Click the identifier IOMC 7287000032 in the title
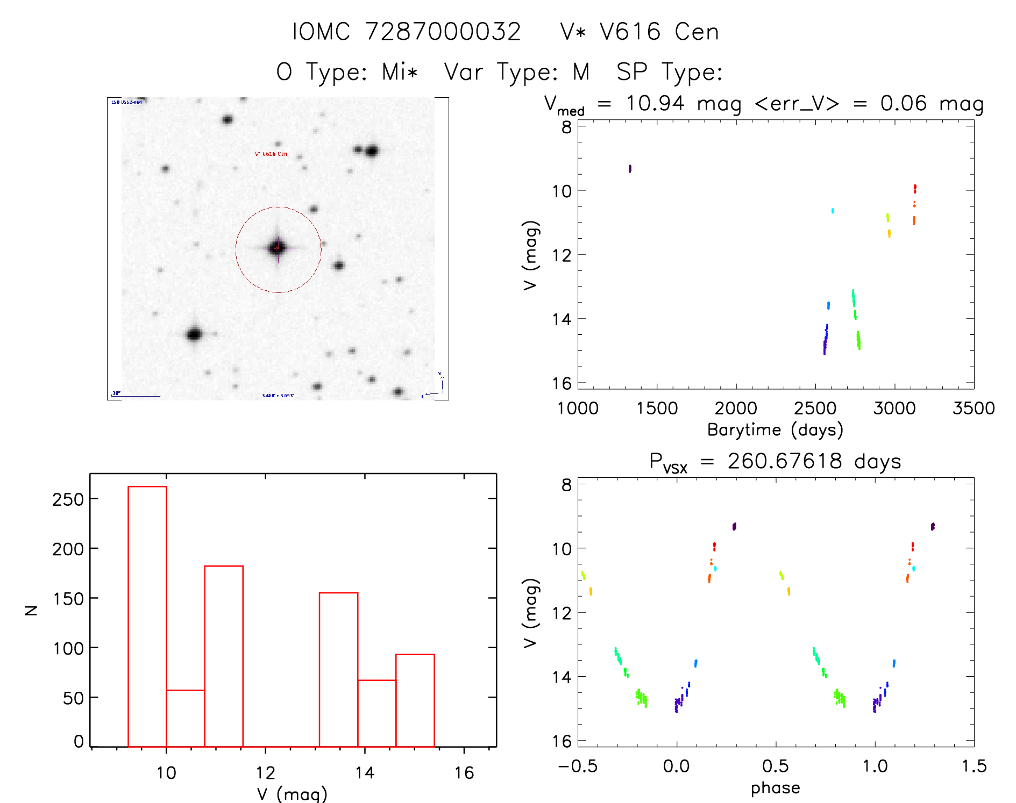(407, 32)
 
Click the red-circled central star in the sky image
(278, 248)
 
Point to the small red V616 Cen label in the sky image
(271, 154)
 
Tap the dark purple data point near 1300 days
(630, 169)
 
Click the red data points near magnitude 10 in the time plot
(915, 188)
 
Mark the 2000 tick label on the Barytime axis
(736, 408)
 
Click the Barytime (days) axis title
(775, 430)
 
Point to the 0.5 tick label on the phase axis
(776, 766)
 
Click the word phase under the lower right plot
(775, 788)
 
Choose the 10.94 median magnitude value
(655, 103)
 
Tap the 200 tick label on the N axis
(68, 549)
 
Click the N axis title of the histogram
(31, 610)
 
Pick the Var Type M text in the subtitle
(517, 72)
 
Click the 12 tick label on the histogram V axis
(265, 773)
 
